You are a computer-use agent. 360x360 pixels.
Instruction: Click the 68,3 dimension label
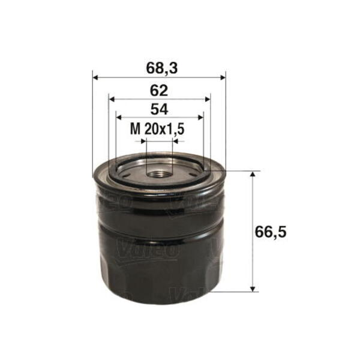(x=162, y=68)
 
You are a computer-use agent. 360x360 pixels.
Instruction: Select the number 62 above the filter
(x=159, y=91)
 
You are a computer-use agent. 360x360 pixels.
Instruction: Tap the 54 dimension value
(x=160, y=110)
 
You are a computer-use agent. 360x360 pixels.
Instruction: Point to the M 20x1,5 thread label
(x=157, y=129)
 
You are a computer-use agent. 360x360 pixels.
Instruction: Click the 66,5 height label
(x=271, y=232)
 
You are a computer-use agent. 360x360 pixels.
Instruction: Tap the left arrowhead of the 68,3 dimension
(x=95, y=77)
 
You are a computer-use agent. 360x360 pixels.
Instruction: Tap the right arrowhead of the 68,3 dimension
(x=223, y=77)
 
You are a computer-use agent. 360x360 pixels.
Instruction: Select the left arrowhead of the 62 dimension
(x=112, y=99)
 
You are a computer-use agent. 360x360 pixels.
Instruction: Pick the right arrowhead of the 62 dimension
(x=208, y=99)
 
